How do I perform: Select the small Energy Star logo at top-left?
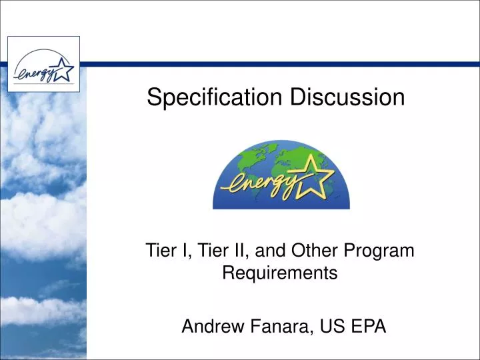pos(43,64)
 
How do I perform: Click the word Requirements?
pos(279,273)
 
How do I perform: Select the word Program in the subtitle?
pos(383,251)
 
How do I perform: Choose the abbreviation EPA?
pos(369,327)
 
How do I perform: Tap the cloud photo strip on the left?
pos(40,220)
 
